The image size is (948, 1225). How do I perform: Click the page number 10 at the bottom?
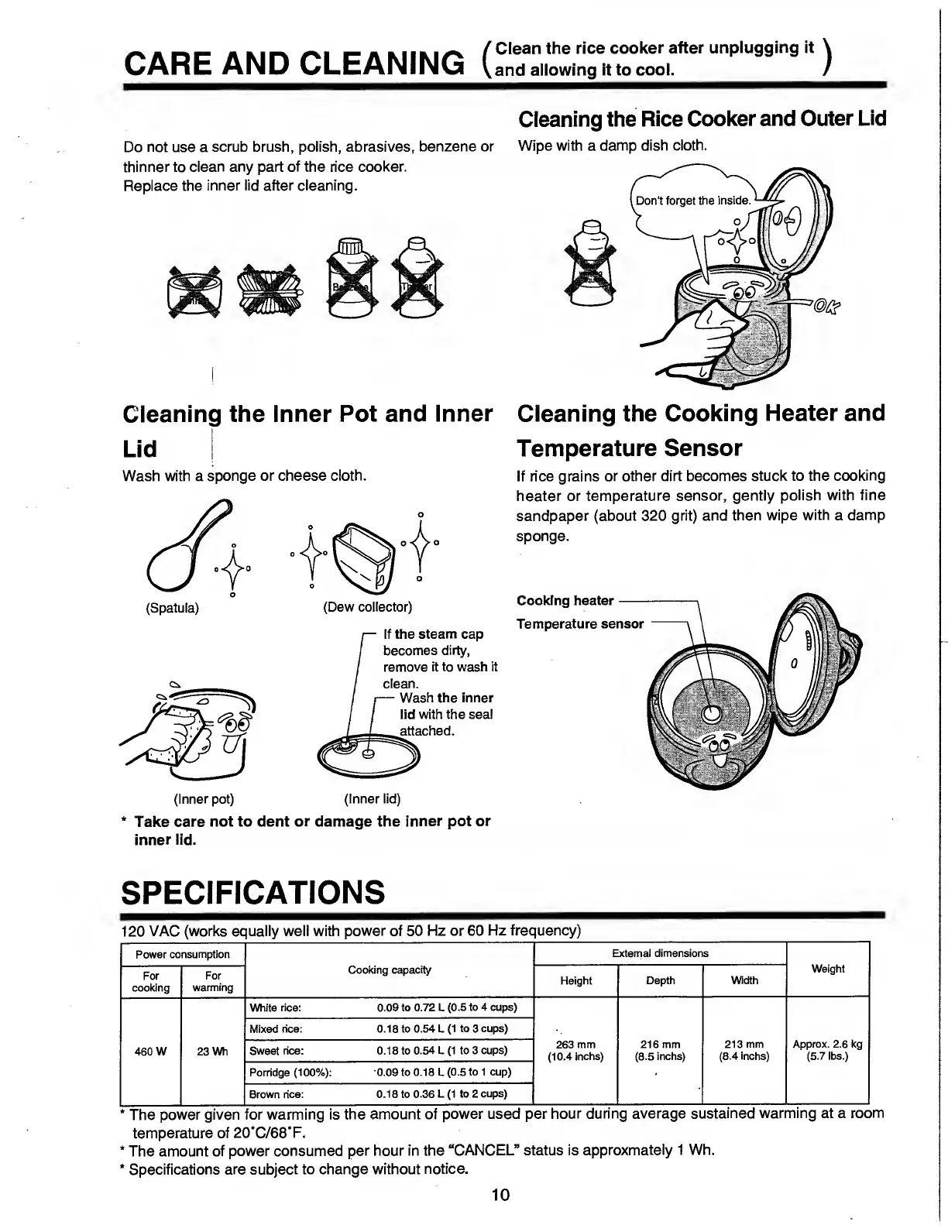click(500, 1195)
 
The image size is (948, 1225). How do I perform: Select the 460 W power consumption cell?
click(150, 1051)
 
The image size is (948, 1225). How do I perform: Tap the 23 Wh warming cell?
click(211, 1051)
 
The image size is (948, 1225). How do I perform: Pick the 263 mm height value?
click(575, 1050)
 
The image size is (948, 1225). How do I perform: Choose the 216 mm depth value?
click(660, 1050)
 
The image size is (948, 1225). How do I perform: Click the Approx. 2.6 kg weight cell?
click(827, 1050)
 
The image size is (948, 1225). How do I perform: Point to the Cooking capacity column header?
click(389, 969)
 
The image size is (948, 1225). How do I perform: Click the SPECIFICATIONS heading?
click(252, 892)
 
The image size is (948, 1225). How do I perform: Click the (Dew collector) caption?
click(367, 606)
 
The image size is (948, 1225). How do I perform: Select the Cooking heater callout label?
click(565, 600)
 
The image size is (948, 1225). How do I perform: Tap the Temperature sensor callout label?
click(579, 623)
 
